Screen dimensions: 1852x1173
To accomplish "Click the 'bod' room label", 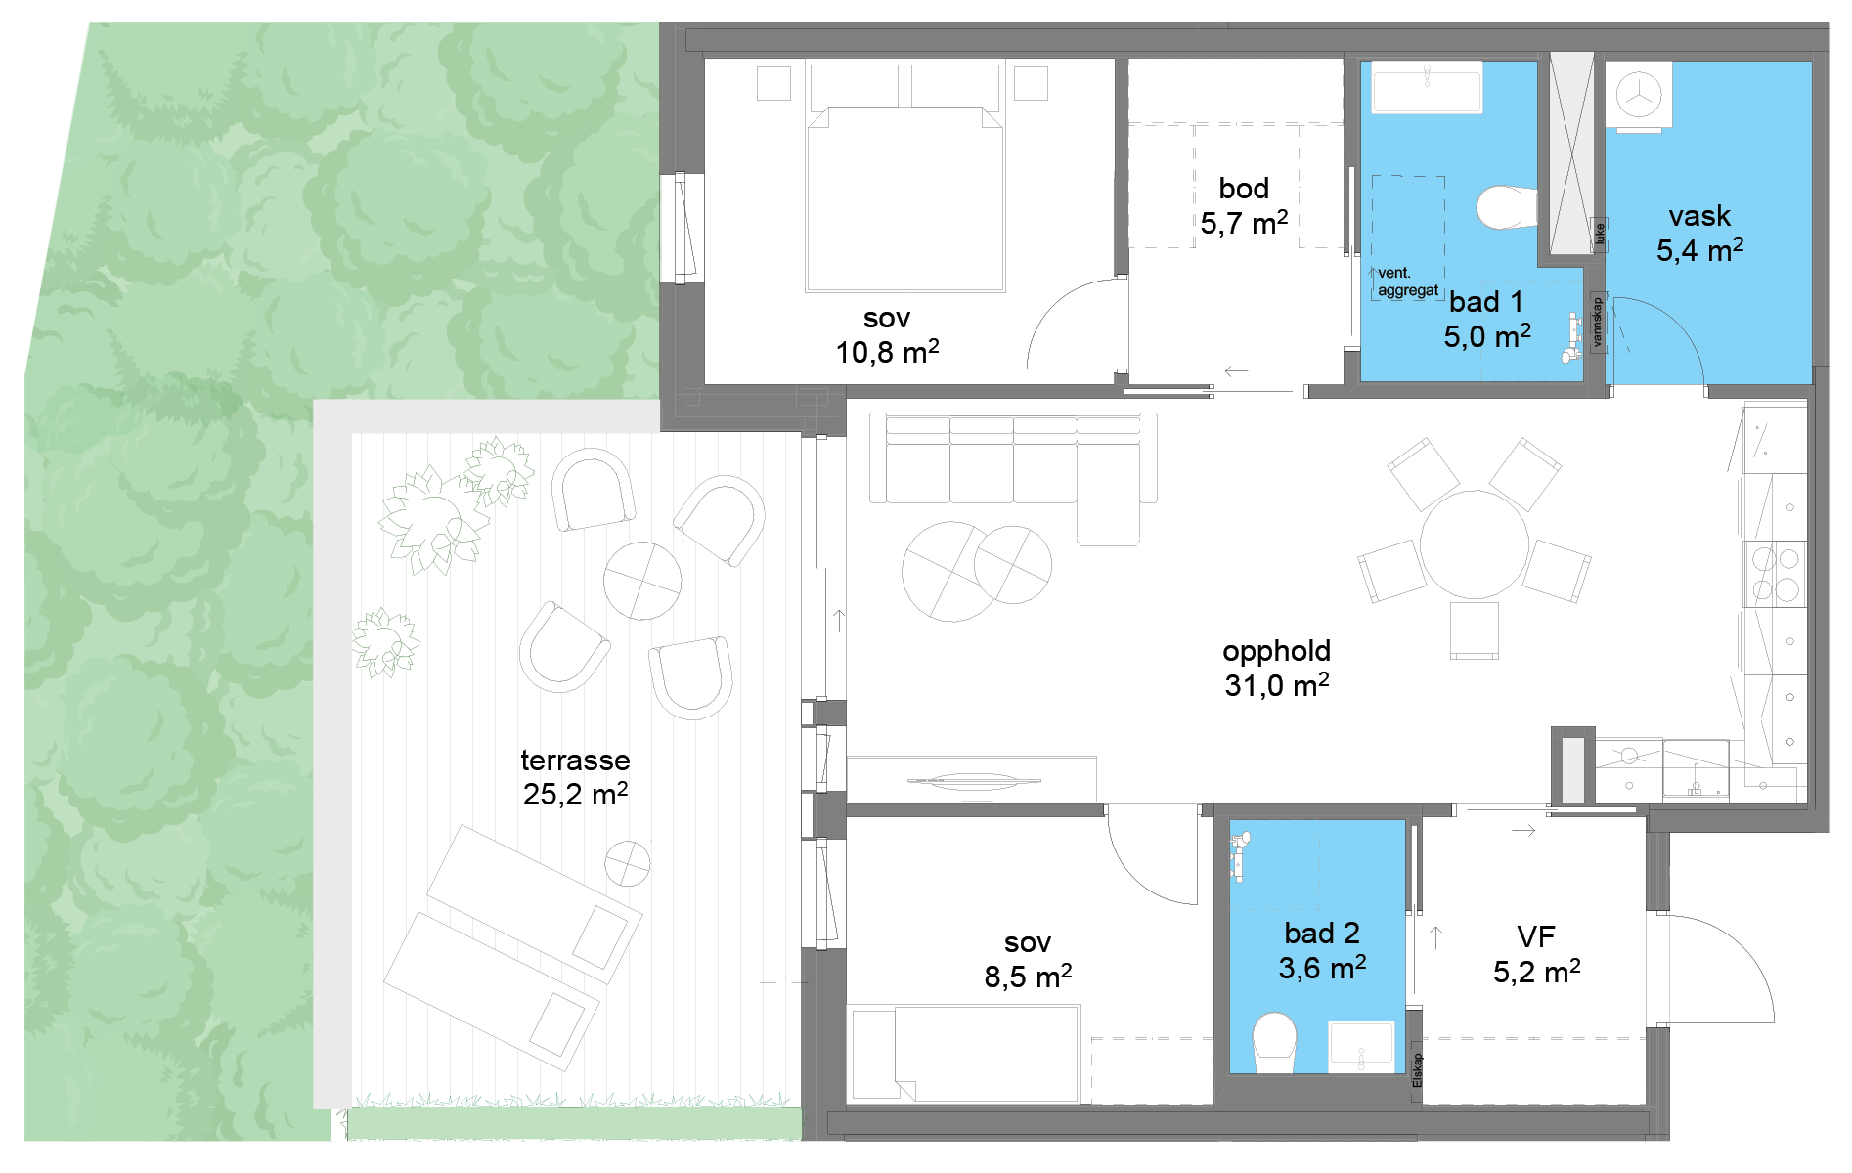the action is [1244, 188].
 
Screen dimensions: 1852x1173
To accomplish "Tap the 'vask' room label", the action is [1699, 215].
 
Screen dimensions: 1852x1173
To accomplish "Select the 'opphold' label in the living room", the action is [1276, 651].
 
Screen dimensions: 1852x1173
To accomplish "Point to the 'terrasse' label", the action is [575, 760].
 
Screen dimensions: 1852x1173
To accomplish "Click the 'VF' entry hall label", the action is [1535, 936].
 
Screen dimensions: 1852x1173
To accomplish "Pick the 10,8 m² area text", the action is [887, 352].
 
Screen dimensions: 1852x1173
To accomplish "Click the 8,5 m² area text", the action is [1028, 976].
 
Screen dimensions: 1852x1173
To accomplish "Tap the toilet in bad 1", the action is [1506, 207].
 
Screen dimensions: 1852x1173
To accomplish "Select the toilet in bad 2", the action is [1274, 1042].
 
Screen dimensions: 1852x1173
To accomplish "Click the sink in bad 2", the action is [1360, 1046].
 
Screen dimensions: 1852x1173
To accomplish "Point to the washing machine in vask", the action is [1639, 96].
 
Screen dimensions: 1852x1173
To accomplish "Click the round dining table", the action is [1474, 543].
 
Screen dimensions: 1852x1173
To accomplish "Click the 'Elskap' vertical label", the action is [1417, 1070].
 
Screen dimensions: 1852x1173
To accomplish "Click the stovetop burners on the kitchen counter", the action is [1775, 574].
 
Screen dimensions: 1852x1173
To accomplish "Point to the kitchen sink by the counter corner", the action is [1696, 772].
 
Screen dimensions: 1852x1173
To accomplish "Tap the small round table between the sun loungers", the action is [627, 863].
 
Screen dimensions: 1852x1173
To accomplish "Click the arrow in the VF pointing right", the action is [1523, 831].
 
